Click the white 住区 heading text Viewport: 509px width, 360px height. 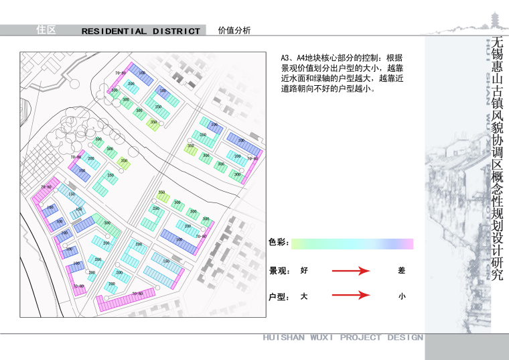coord(46,30)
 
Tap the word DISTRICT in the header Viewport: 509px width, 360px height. coord(176,31)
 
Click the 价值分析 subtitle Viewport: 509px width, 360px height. coord(234,30)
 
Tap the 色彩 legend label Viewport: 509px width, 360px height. coord(277,243)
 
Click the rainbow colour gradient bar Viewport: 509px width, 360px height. coord(352,243)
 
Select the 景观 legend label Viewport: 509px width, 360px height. coord(279,271)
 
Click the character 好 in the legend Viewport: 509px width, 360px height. coord(304,271)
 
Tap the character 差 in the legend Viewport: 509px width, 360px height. coord(401,271)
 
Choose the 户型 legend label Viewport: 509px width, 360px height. coord(279,296)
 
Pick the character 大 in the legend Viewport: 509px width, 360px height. coord(304,296)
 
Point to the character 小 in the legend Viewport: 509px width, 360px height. coord(401,296)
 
